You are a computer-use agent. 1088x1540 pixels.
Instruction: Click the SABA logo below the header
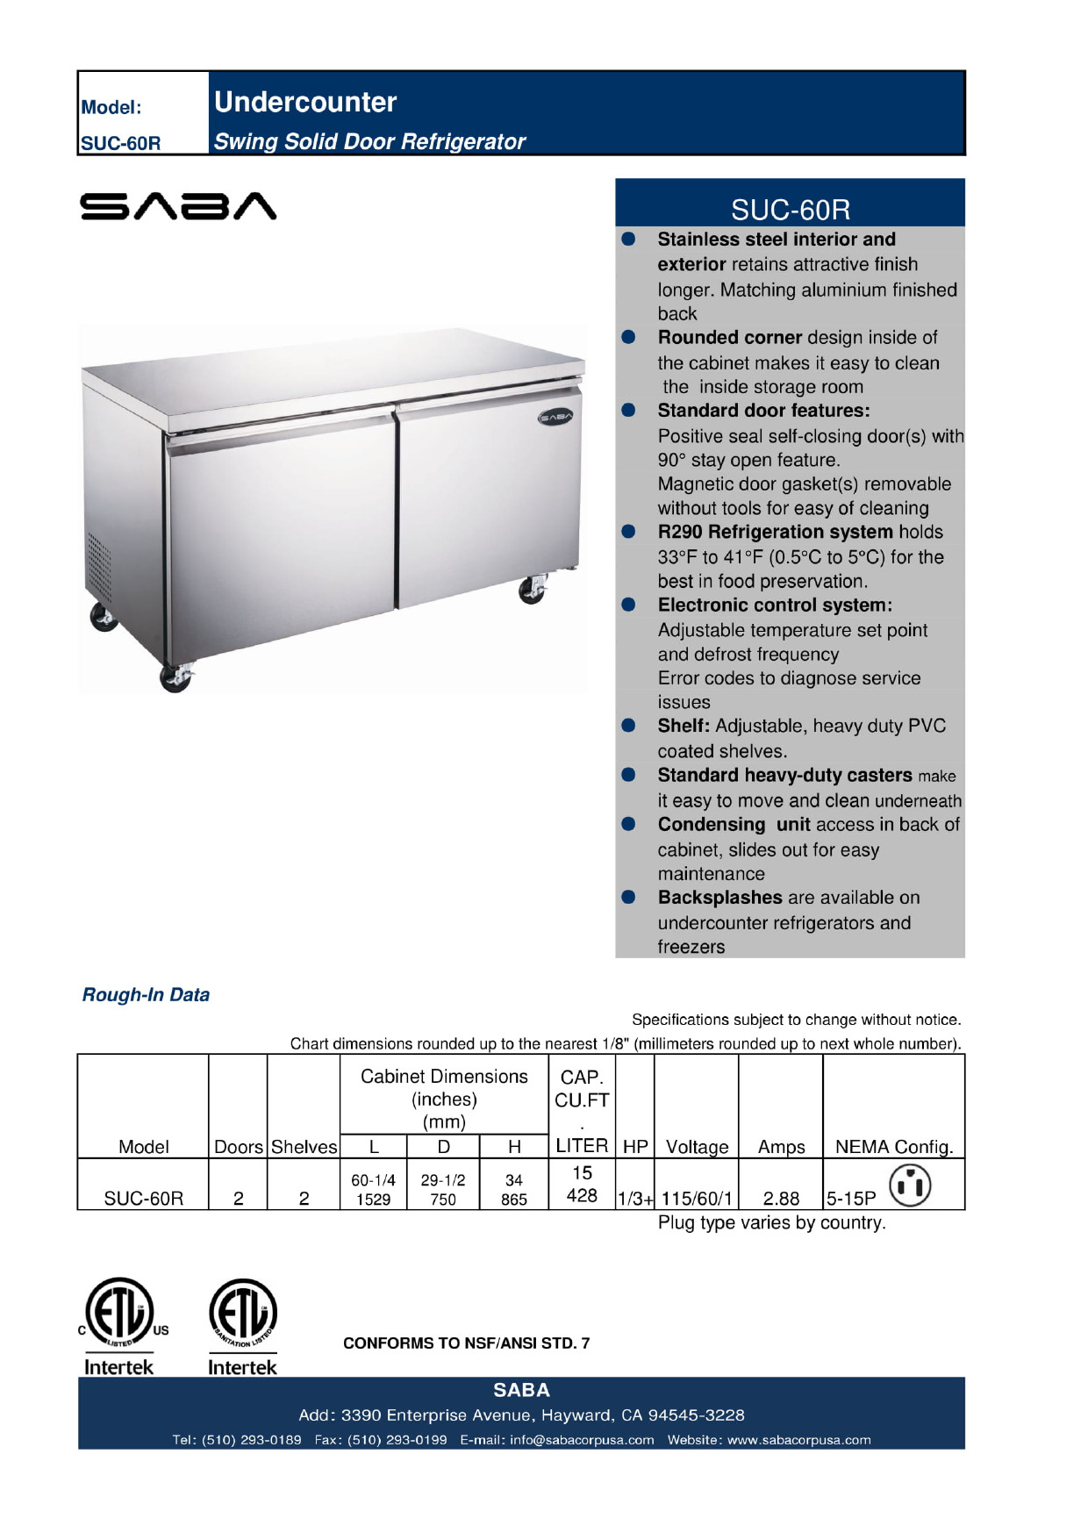[178, 206]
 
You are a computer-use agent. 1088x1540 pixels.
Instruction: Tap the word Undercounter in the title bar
[305, 102]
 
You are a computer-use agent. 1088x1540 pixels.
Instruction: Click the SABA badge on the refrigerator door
[555, 416]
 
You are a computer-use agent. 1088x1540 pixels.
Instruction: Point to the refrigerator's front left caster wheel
[175, 677]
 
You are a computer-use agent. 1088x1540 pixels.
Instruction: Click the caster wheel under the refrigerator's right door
[532, 590]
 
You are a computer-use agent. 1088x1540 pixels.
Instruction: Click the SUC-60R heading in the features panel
[790, 210]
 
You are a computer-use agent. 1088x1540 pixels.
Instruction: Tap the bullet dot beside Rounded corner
[628, 338]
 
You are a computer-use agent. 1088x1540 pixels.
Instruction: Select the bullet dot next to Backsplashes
[628, 897]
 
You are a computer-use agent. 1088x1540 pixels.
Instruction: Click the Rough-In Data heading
[146, 994]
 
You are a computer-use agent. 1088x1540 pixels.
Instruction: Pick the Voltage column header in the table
[697, 1146]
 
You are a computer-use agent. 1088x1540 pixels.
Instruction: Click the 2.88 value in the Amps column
[781, 1198]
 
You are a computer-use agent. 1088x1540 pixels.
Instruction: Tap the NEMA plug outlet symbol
[910, 1185]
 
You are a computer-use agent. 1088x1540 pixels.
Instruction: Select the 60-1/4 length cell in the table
[373, 1180]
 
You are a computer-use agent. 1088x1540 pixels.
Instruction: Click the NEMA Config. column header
[893, 1146]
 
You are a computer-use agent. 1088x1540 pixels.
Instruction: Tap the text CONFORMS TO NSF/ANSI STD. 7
[466, 1343]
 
